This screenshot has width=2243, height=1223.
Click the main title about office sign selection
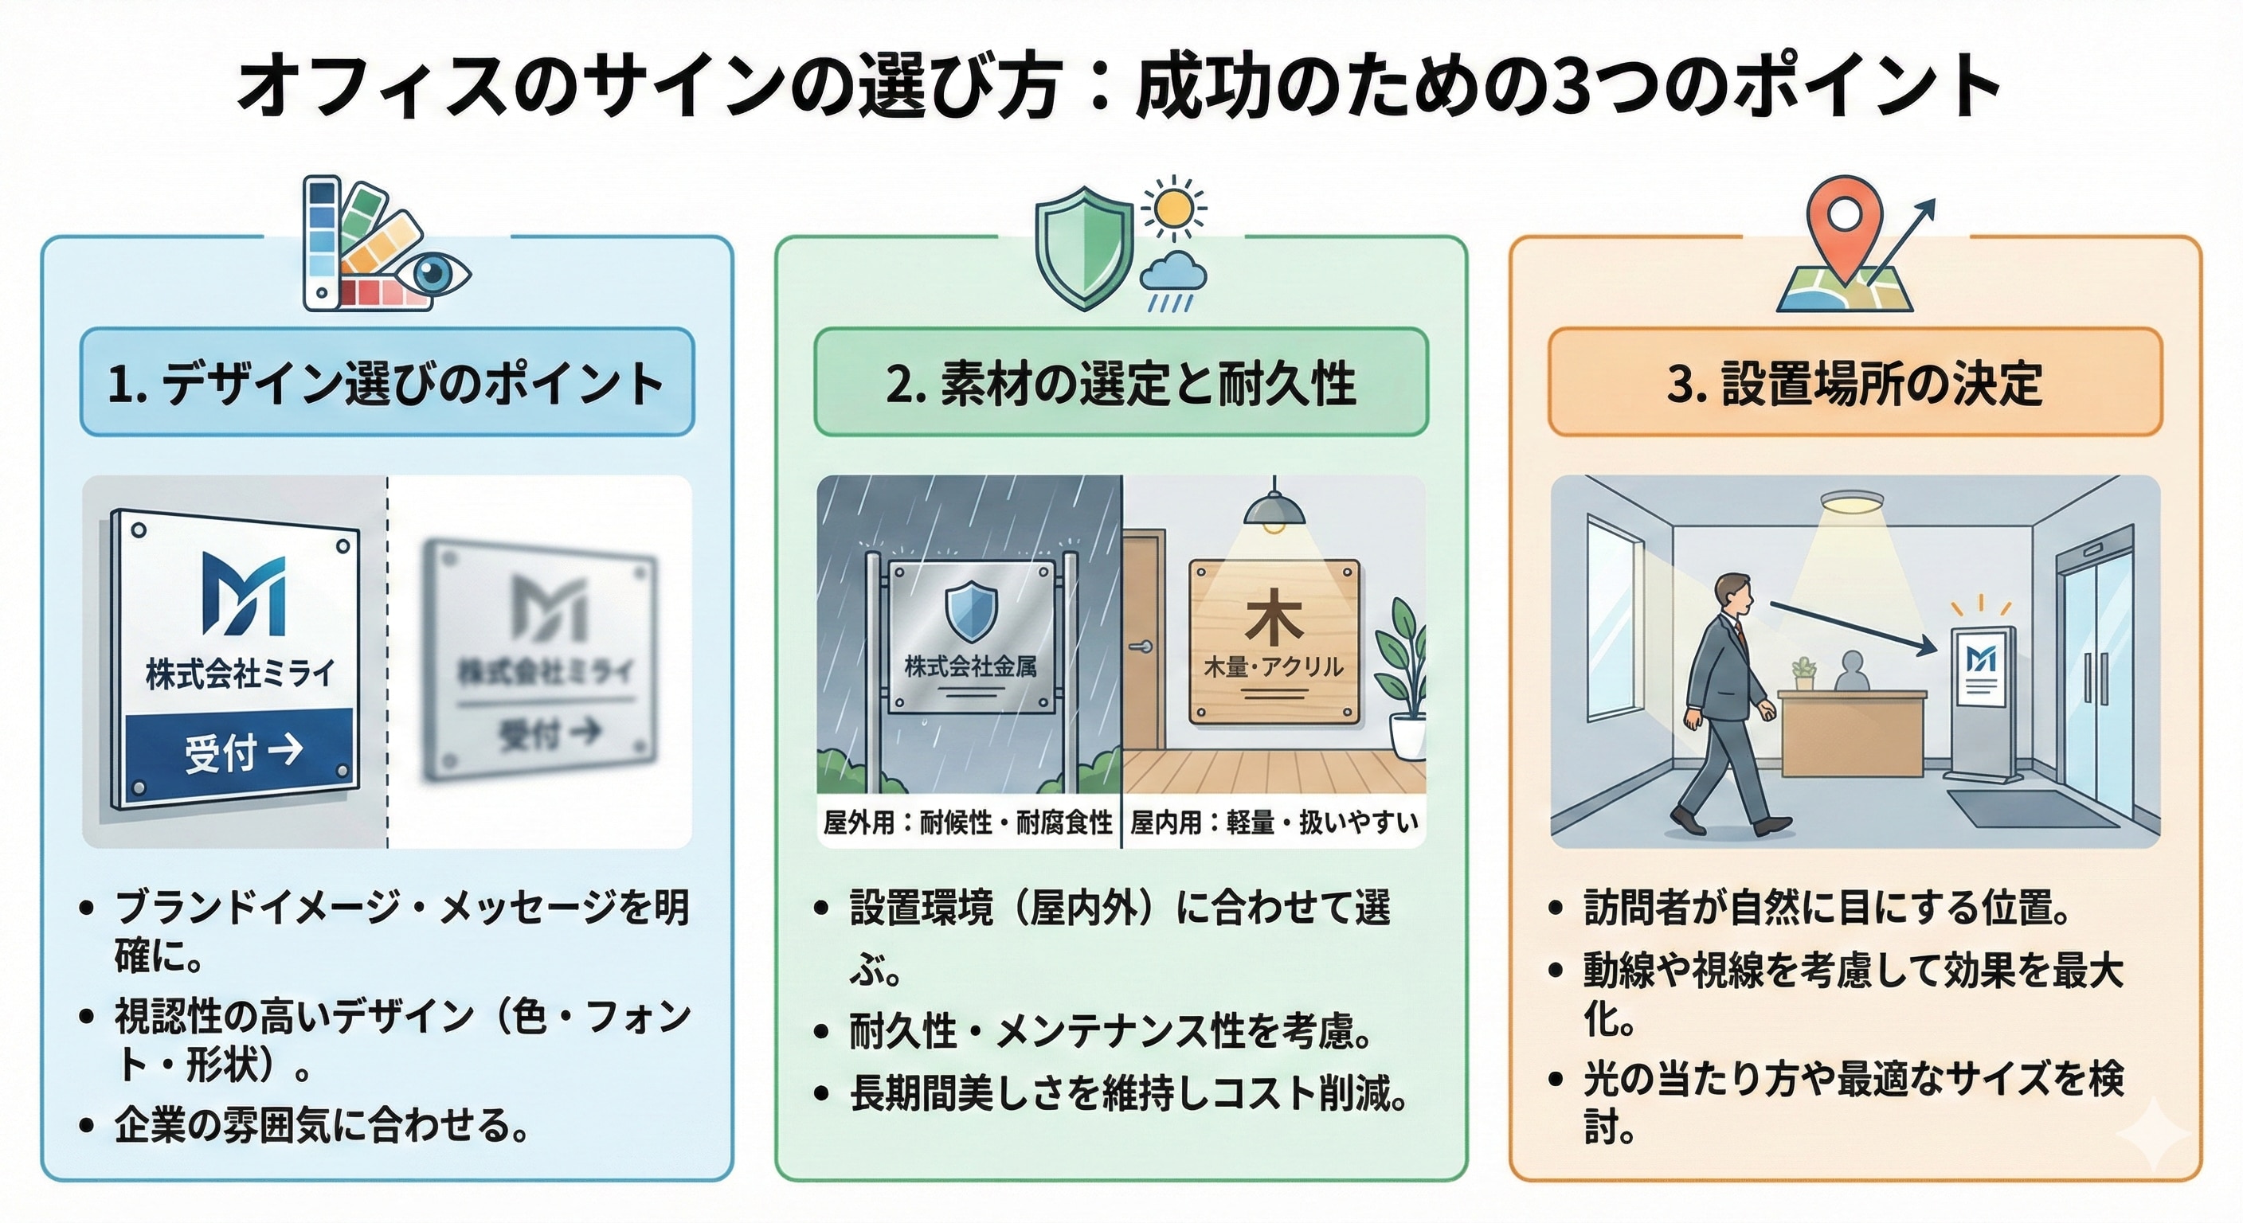(x=1120, y=87)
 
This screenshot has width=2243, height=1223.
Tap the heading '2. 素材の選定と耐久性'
(x=1121, y=384)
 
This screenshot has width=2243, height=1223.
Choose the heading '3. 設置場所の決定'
(x=1854, y=384)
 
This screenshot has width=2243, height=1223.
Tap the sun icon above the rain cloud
(x=1175, y=209)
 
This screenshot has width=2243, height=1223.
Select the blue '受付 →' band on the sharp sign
(x=240, y=750)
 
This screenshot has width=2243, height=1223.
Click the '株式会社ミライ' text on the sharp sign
(x=240, y=674)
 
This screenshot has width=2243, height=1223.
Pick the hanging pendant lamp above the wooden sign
(x=1274, y=510)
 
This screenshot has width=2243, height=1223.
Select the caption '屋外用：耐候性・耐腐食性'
(x=969, y=822)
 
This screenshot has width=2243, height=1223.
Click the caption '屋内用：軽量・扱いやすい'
(x=1274, y=822)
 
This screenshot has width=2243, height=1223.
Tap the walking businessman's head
(x=1731, y=595)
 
